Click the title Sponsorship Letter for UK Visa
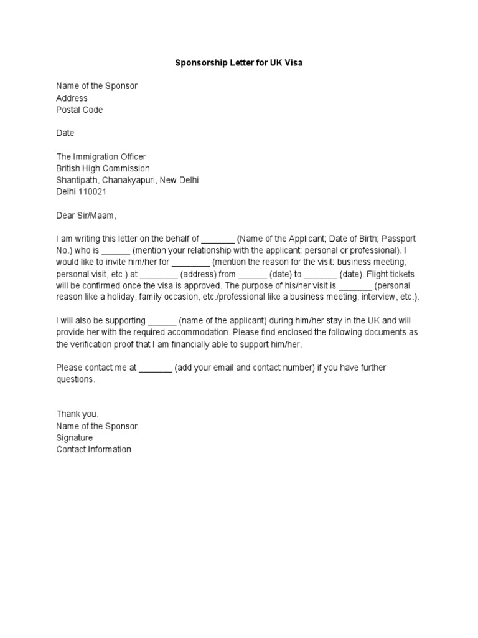[239, 63]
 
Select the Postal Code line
[80, 110]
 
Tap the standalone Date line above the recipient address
[65, 133]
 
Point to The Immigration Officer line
[101, 156]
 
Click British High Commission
[103, 168]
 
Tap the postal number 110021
[92, 192]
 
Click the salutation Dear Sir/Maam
[87, 216]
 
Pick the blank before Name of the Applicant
[218, 239]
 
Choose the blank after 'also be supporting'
[162, 321]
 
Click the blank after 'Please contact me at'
[155, 368]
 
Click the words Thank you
[78, 414]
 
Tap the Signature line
[75, 437]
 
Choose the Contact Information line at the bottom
[94, 449]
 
